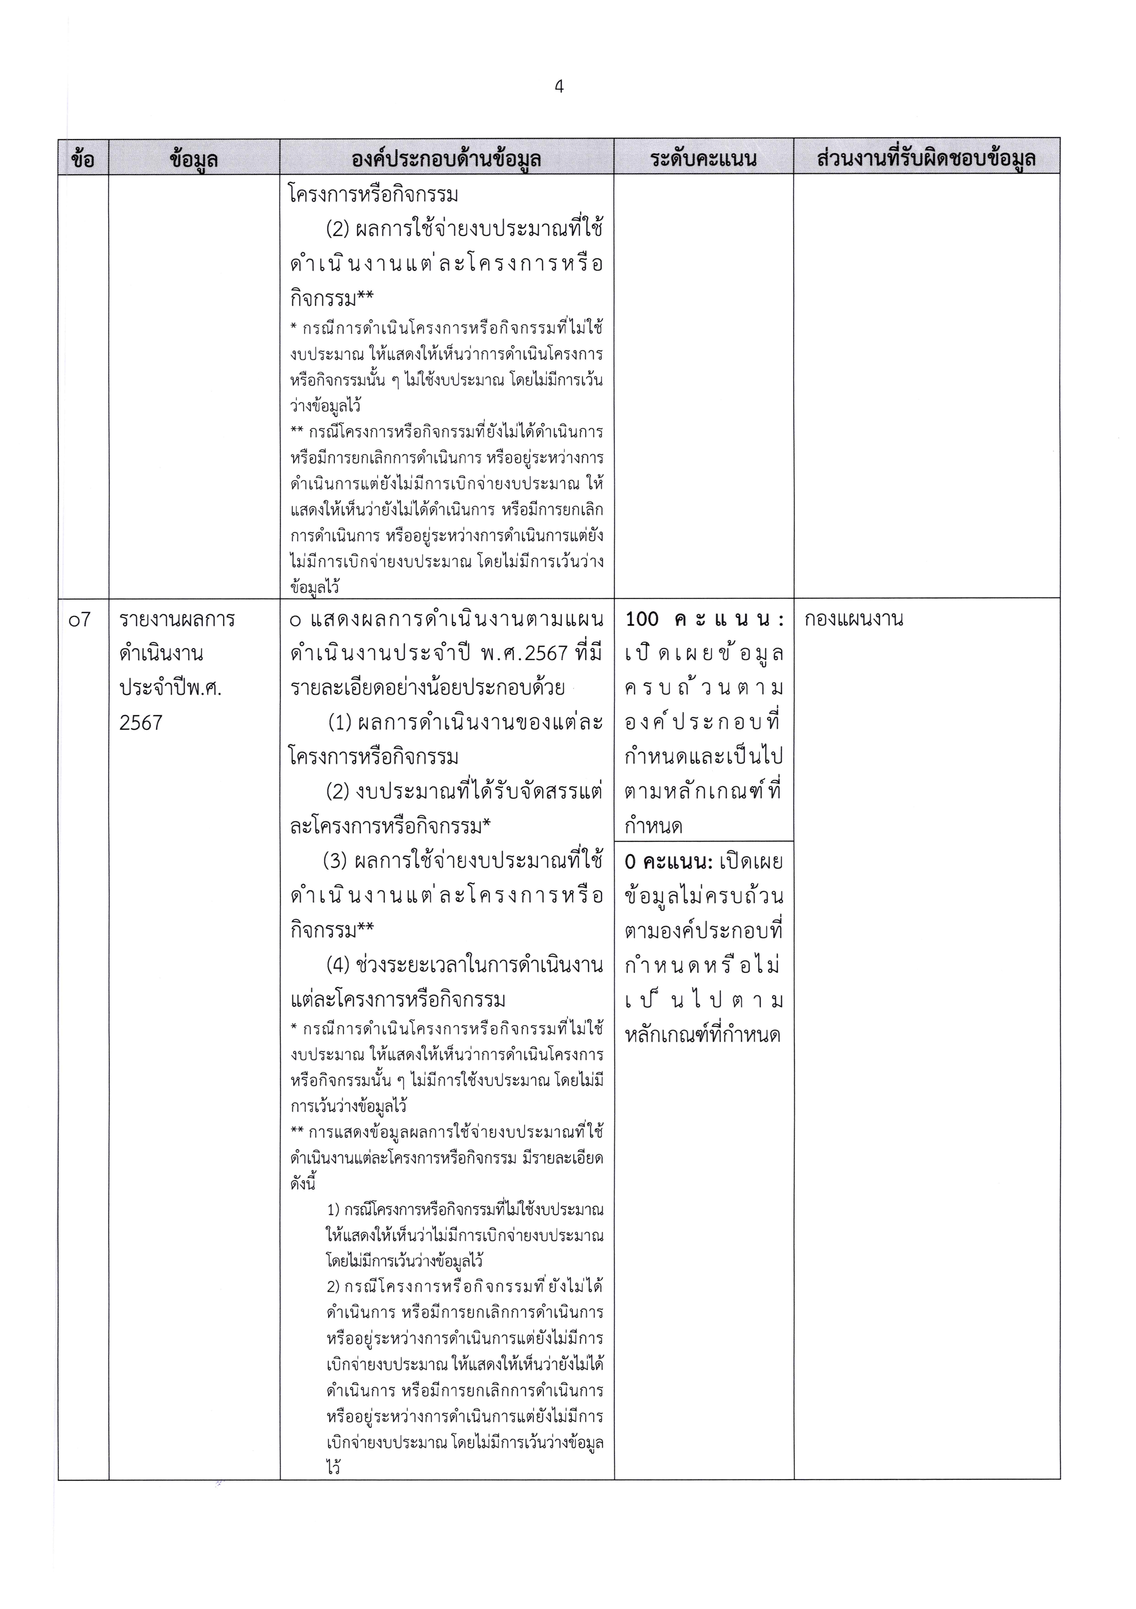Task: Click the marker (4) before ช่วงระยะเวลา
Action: pos(338,965)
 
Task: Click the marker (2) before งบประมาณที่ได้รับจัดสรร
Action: pos(338,792)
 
